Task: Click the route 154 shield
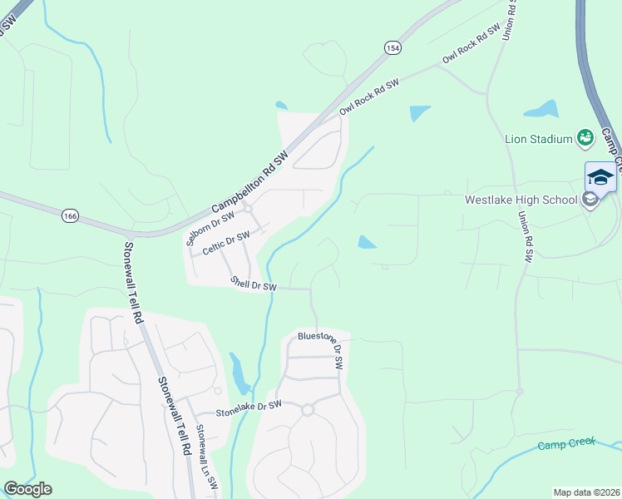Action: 392,49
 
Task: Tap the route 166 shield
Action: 71,216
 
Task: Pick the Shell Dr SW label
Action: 254,284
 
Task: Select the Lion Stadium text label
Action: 539,139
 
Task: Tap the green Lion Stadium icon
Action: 585,137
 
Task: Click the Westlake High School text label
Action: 521,200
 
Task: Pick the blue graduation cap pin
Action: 600,177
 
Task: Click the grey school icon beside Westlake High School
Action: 590,200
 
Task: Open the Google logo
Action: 27,489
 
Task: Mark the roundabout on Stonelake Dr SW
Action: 308,409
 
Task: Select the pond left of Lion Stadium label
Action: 541,109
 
